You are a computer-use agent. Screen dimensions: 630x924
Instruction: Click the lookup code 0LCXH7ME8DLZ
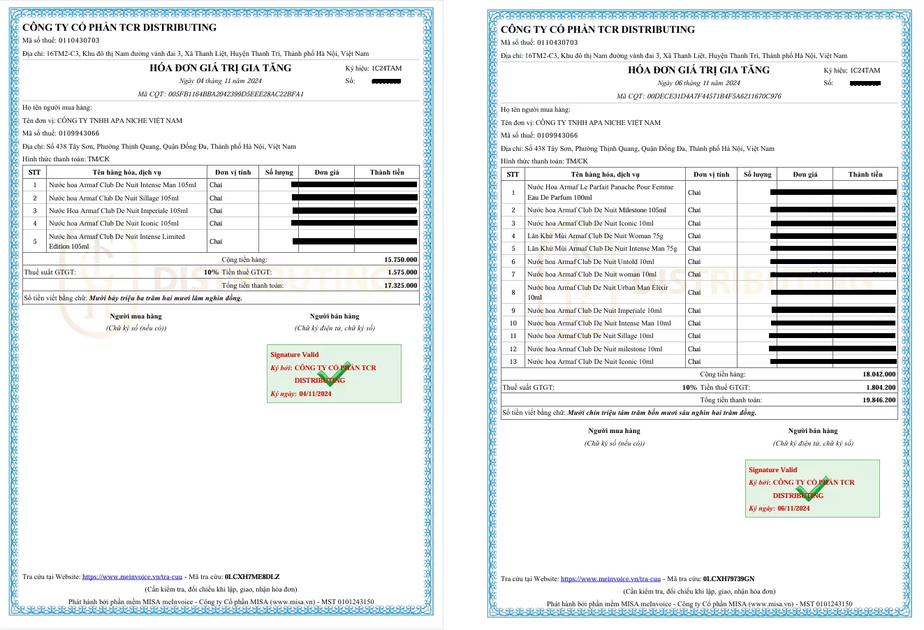click(252, 577)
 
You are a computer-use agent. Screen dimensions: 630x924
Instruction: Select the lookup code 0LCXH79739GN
click(729, 579)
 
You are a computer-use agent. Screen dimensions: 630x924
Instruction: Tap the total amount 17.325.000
click(401, 286)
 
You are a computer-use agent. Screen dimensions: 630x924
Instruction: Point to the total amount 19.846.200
click(879, 400)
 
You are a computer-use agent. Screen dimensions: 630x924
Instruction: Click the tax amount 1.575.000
click(402, 272)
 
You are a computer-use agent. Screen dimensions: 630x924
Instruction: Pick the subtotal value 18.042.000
click(879, 374)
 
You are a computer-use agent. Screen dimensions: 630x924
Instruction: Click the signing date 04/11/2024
click(315, 394)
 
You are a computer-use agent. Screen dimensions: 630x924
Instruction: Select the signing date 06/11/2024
click(793, 508)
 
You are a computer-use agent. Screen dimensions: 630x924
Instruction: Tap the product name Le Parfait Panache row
click(600, 192)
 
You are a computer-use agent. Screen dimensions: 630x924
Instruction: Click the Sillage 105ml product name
click(114, 198)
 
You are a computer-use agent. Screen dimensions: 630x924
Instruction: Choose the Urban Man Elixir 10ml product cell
click(597, 292)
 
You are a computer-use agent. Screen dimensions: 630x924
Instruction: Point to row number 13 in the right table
click(513, 362)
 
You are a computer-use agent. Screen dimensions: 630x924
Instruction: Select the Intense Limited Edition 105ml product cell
click(117, 241)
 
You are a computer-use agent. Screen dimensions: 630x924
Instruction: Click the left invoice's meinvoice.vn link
click(132, 577)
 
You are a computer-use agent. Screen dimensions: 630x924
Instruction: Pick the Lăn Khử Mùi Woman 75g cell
click(595, 236)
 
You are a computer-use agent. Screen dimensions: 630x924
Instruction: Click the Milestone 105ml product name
click(596, 210)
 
